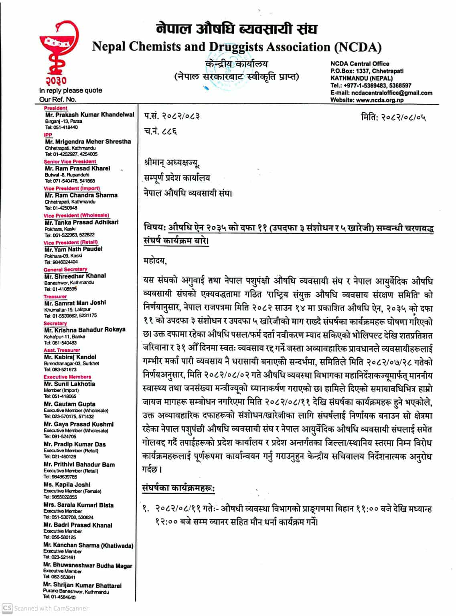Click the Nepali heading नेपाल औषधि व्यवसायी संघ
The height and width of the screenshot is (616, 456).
pos(237,29)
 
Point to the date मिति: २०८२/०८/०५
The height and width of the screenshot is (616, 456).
pos(393,117)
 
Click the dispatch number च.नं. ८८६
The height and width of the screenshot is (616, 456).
pos(160,131)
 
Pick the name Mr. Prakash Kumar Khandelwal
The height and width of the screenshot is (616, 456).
pos(89,115)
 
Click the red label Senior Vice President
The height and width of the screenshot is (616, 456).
pos(70,162)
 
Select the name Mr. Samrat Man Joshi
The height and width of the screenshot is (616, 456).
pos(75,303)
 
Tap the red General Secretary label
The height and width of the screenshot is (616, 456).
pos(65,269)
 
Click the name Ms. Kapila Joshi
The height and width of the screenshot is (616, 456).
pos(67,484)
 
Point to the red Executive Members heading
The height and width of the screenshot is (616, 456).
pos(67,377)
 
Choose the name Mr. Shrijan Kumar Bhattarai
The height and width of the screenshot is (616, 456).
pos(82,586)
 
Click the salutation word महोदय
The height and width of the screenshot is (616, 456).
pos(155,261)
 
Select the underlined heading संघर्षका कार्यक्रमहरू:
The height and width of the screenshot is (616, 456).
pos(178,488)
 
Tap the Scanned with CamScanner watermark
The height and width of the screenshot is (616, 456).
pos(46,608)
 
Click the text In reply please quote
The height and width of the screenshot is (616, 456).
pos(71,91)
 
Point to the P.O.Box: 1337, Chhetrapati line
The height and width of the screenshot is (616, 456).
pos(367,71)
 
